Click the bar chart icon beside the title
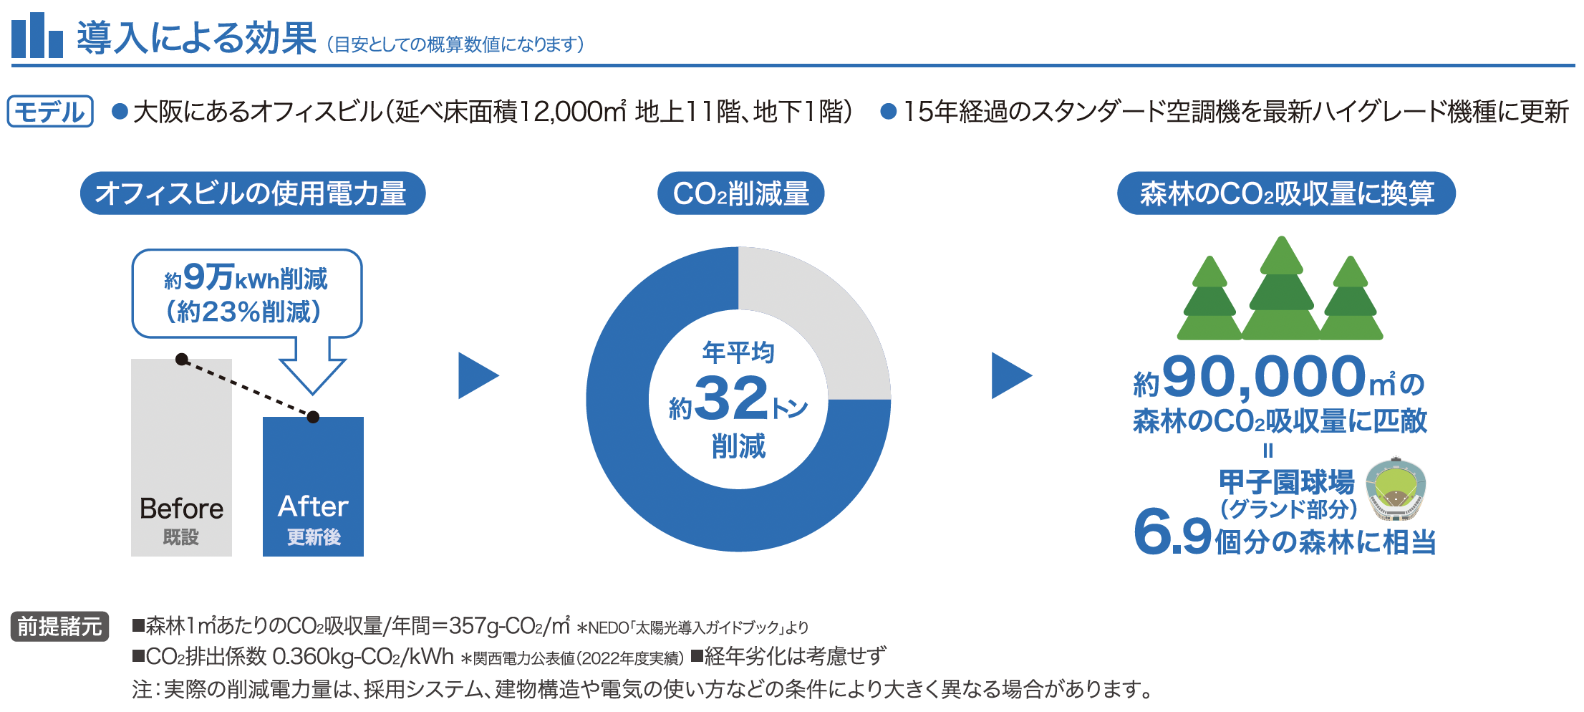37,35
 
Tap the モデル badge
50,112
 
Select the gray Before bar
181,457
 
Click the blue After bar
313,486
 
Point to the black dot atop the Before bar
182,359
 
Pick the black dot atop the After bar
313,417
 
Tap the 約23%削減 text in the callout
243,312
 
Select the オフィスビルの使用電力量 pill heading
253,193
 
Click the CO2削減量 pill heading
741,193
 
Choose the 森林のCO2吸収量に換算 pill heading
1287,193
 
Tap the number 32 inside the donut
731,398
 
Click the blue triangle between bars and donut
478,375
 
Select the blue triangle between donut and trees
1011,375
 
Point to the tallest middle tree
1281,290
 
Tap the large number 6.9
1172,532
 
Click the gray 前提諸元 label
60,627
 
